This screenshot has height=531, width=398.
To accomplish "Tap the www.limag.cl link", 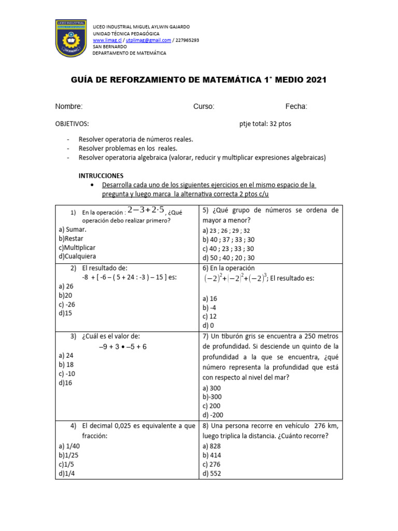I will [107, 40].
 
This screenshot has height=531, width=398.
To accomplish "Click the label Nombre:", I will [69, 106].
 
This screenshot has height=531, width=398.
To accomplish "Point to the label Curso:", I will [204, 106].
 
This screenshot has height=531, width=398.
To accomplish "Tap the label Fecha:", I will [296, 106].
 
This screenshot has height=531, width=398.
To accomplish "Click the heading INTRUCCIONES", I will [101, 176].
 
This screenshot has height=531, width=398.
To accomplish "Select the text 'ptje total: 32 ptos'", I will [268, 124].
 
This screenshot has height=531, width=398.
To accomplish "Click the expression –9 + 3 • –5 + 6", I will [122, 346].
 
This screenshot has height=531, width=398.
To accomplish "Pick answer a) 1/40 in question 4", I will [69, 446].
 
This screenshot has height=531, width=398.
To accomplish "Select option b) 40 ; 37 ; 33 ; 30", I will [229, 240].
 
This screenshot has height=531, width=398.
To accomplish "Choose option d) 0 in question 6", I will [208, 325].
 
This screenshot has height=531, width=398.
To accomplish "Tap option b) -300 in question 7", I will [213, 397].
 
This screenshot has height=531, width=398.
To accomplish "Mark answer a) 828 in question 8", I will [212, 446].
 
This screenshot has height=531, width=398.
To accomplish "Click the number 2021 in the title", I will [312, 80].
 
